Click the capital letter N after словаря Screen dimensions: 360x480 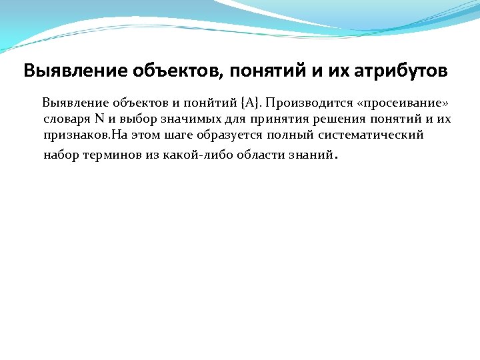[x=99, y=119]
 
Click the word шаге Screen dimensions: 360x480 [x=175, y=136]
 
